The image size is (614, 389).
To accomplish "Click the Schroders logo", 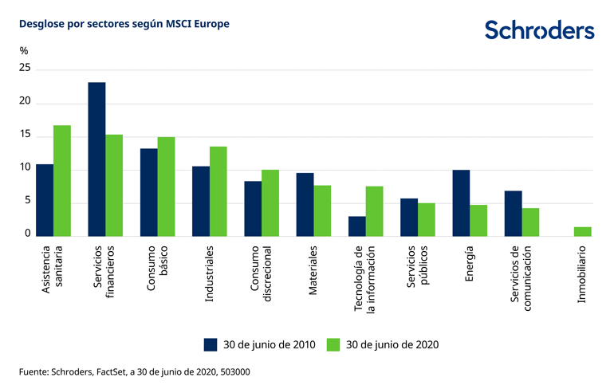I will point(540,30).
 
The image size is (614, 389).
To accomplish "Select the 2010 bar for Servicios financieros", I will point(96,159).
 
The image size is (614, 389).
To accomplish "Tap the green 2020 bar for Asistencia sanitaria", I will point(62,180).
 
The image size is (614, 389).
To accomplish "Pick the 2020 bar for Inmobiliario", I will point(583,231).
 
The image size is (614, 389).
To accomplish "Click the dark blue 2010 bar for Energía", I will point(461,202).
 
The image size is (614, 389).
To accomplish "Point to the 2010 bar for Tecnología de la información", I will point(356,226).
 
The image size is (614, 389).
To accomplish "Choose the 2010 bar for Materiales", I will point(305,204).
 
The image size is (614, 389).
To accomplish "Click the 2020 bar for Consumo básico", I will point(166,186).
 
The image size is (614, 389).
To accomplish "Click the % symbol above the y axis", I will point(24,51).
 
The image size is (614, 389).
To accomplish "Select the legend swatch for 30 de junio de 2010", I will point(211,344).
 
